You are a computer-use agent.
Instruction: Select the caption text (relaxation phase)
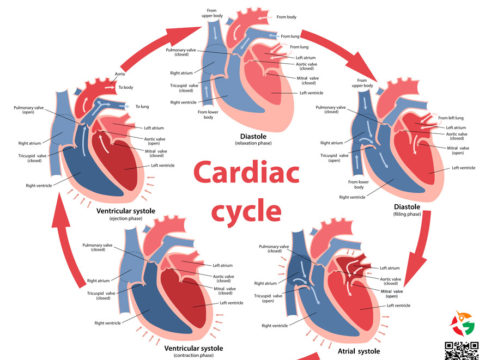pos(241,144)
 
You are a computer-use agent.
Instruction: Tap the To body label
pos(125,89)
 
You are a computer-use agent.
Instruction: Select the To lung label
pos(142,105)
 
